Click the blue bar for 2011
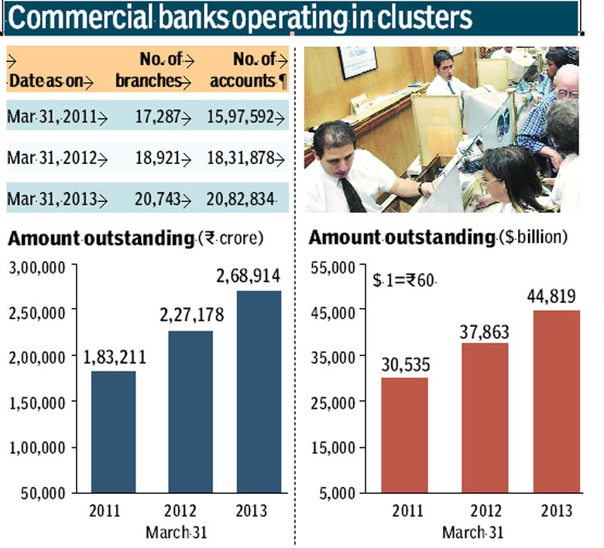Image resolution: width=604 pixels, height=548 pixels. pyautogui.click(x=113, y=432)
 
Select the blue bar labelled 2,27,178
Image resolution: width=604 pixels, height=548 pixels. pyautogui.click(x=190, y=412)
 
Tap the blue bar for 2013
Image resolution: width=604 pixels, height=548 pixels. pyautogui.click(x=259, y=392)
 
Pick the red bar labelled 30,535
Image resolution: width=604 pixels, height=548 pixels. pyautogui.click(x=404, y=435)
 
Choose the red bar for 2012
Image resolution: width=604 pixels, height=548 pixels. pyautogui.click(x=485, y=418)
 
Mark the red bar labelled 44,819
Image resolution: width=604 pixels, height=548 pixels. pyautogui.click(x=557, y=401)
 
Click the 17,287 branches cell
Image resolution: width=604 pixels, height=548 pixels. pyautogui.click(x=158, y=116)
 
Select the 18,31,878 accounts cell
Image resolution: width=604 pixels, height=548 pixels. pyautogui.click(x=241, y=158)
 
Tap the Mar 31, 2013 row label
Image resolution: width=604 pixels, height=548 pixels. pyautogui.click(x=52, y=199)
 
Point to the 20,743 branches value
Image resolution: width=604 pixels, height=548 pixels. pyautogui.click(x=157, y=199)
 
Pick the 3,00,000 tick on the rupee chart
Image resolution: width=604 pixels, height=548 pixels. pyautogui.click(x=37, y=268)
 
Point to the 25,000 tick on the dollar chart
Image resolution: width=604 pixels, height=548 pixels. pyautogui.click(x=333, y=402)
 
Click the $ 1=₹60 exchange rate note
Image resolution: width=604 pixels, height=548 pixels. pyautogui.click(x=403, y=280)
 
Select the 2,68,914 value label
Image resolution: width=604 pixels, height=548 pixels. pyautogui.click(x=248, y=276)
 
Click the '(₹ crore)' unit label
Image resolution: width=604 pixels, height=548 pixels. pyautogui.click(x=231, y=238)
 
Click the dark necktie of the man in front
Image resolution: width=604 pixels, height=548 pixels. pyautogui.click(x=352, y=194)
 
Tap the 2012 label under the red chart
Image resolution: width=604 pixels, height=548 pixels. pyautogui.click(x=486, y=511)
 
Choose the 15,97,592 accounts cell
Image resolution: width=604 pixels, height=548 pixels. pyautogui.click(x=241, y=116)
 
